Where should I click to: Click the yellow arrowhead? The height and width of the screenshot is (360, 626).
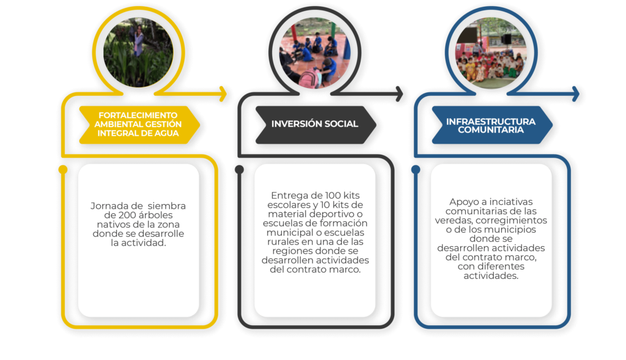(223, 94)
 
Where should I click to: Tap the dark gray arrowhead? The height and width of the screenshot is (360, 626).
(399, 94)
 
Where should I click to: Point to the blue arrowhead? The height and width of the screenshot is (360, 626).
(576, 94)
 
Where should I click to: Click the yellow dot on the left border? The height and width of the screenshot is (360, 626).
(63, 170)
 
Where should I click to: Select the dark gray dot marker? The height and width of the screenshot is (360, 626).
(239, 170)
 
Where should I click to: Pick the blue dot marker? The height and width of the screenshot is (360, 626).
(416, 170)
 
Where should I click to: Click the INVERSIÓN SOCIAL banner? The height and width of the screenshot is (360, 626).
(315, 125)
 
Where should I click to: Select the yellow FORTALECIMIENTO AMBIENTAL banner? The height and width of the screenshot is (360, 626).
(139, 125)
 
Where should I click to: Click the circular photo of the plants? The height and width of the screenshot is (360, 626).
(138, 53)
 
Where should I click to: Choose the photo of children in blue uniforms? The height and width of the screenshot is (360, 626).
(315, 53)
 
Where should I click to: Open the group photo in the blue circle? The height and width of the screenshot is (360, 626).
(491, 53)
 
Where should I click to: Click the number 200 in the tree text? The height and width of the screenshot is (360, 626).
(127, 215)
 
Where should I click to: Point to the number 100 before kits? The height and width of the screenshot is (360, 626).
(333, 196)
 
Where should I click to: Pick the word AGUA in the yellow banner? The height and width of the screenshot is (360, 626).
(167, 133)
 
